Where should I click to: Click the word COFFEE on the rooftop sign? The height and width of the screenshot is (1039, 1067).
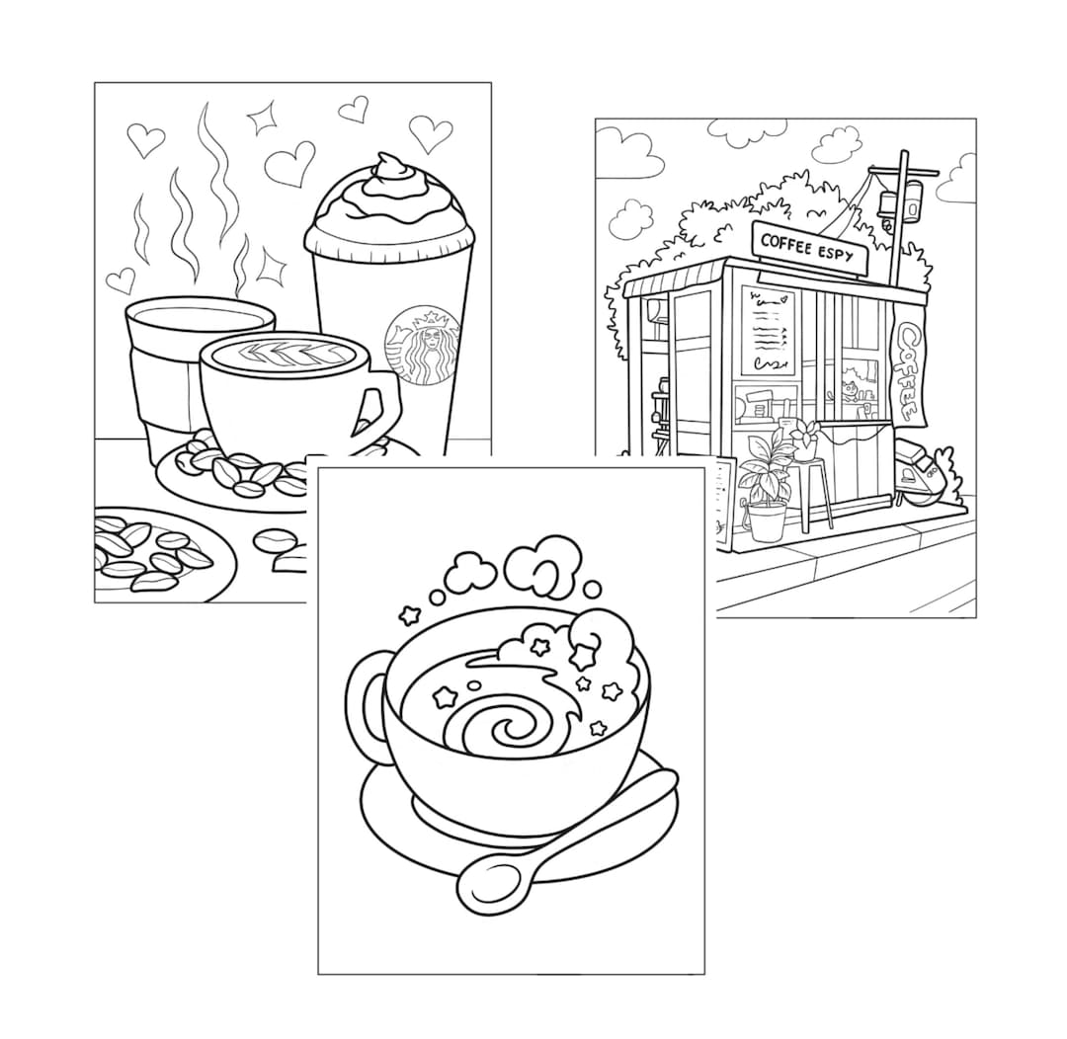click(x=787, y=242)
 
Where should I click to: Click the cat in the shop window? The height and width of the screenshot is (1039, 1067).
click(x=850, y=380)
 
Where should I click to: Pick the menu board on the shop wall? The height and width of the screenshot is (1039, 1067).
click(x=769, y=331)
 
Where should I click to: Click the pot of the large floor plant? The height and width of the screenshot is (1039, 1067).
click(x=767, y=521)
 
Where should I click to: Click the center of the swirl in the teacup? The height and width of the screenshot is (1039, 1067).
click(x=513, y=730)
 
